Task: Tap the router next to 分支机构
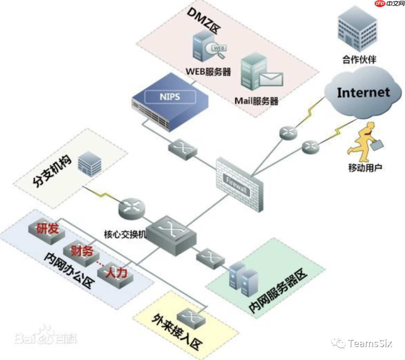click(131, 208)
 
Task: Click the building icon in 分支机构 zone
click(90, 164)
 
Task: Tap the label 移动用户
click(365, 167)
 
